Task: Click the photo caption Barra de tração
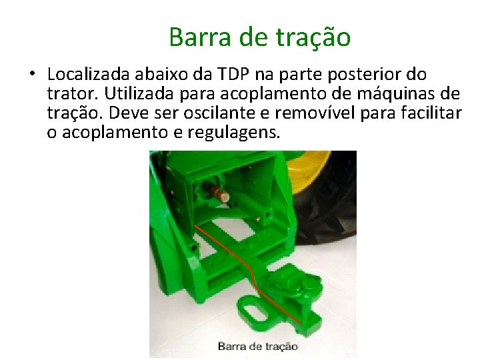[x=257, y=346]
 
